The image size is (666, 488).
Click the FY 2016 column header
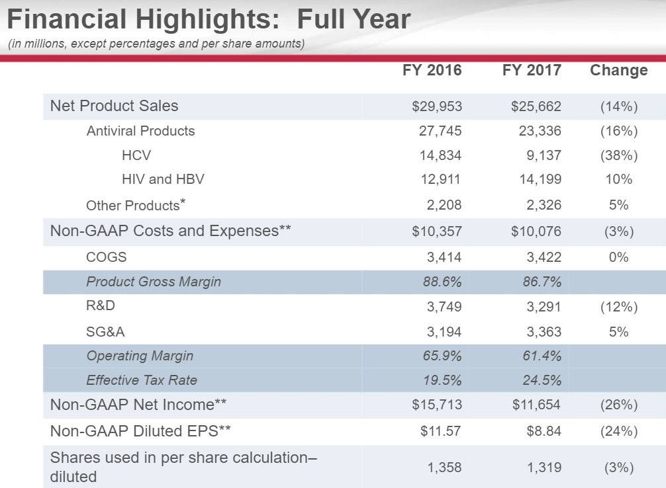point(432,70)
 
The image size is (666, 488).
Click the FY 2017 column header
point(532,70)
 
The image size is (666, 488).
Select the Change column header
point(618,70)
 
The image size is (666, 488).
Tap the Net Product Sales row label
point(114,106)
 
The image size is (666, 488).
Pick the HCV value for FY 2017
point(542,155)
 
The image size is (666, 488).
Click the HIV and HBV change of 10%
point(618,179)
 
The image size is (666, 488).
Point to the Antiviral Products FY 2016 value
point(440,131)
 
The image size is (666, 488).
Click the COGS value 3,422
point(542,257)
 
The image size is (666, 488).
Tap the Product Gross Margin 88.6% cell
point(442,282)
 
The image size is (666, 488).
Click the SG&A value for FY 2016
point(444,332)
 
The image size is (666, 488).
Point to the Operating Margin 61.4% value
point(542,356)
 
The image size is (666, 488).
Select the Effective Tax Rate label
point(141,380)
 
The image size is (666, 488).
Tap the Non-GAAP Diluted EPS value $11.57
point(441,431)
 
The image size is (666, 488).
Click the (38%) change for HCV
point(618,155)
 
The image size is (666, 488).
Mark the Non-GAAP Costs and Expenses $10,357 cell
point(436,231)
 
